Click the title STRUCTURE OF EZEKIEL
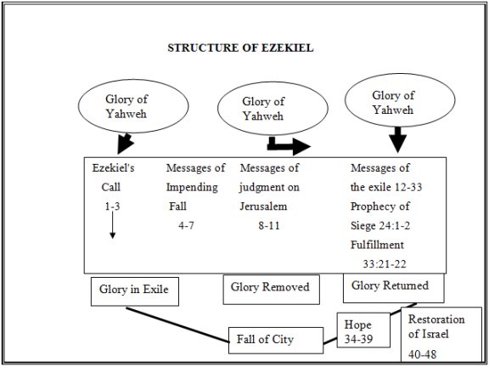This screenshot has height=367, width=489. click(240, 48)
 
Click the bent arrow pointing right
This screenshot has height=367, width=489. click(289, 145)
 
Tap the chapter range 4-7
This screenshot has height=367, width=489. click(186, 225)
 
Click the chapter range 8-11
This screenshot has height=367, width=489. click(269, 225)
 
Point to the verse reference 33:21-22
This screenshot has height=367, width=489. click(385, 264)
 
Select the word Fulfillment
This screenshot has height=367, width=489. click(377, 245)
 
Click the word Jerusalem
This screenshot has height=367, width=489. click(263, 206)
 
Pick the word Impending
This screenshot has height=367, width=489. click(192, 188)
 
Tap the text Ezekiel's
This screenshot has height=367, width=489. click(113, 168)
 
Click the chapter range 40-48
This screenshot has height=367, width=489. click(423, 354)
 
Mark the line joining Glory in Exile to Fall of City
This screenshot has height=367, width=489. click(177, 325)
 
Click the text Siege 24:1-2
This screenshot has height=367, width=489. click(380, 226)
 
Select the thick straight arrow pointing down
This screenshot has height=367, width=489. click(397, 140)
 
